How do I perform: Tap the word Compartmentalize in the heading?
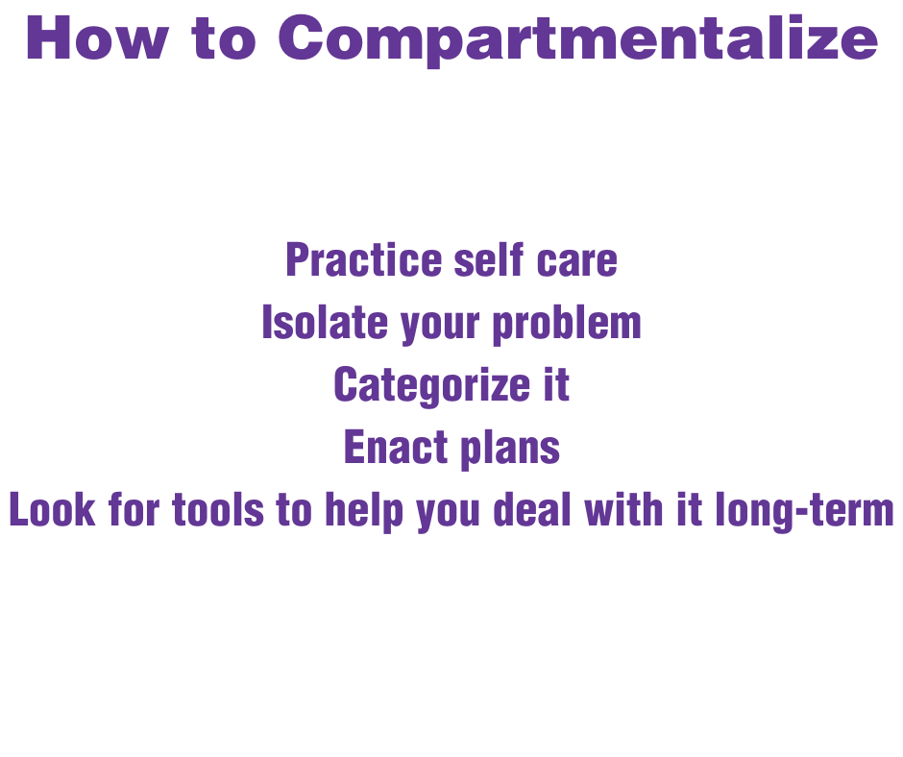(577, 38)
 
